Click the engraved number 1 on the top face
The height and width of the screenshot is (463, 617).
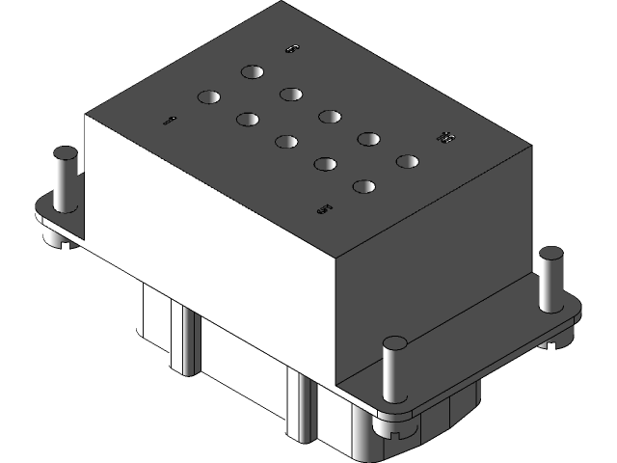169,121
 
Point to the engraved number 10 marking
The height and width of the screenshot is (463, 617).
444,138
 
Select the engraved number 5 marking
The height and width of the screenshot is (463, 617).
324,207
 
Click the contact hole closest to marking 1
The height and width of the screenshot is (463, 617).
210,96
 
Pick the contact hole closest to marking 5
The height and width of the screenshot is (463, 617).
364,186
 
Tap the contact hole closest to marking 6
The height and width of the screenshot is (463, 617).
253,71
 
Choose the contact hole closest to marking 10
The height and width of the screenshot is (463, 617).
407,161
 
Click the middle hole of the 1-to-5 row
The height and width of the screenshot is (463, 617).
286,142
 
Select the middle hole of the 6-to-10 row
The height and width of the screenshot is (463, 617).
329,116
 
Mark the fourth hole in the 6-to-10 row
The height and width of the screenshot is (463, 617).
367,139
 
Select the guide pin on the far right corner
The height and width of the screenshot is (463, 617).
550,280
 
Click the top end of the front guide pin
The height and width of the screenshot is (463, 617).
394,342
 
